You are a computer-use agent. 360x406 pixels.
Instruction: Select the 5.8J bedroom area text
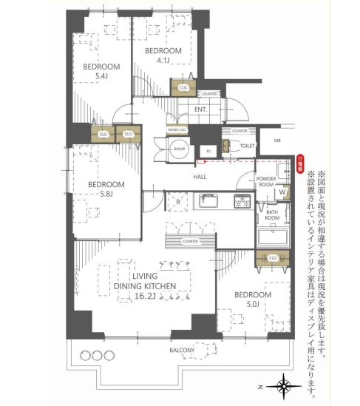(101, 194)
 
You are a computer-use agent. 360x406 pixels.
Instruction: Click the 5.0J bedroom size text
(254, 304)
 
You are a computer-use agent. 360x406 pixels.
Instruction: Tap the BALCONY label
(182, 350)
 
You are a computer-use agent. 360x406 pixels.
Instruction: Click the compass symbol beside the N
(284, 386)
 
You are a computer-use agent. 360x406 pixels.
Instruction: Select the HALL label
(200, 177)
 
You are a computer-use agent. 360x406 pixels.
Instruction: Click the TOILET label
(247, 146)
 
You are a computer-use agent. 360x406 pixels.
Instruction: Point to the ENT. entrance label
(200, 109)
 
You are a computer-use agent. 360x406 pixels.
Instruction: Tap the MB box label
(277, 140)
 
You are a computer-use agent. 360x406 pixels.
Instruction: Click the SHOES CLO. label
(177, 130)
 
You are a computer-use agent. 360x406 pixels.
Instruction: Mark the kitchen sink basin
(208, 201)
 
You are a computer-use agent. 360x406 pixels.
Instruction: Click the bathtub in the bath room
(272, 239)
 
